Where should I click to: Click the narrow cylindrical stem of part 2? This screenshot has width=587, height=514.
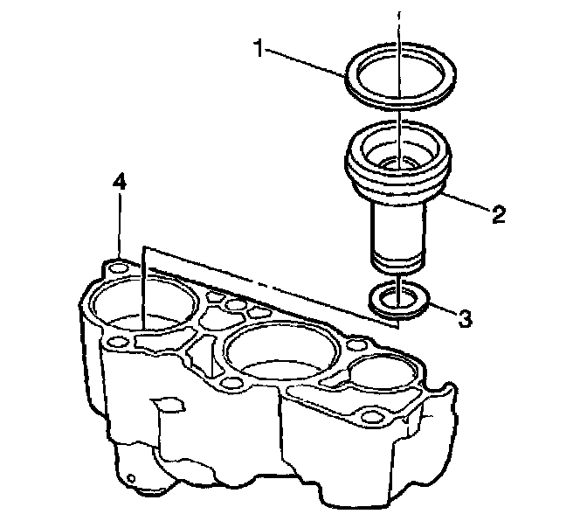(397, 229)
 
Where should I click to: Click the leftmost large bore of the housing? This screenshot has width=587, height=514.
(141, 306)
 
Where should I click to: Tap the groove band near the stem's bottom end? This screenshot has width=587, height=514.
(397, 260)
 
